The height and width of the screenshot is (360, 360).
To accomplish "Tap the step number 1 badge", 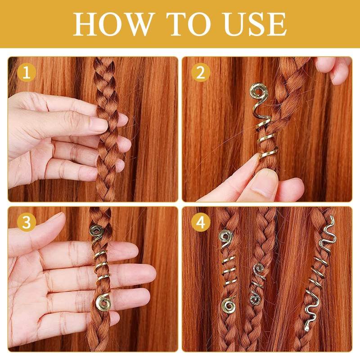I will click(x=27, y=72).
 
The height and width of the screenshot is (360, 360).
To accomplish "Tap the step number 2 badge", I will click(x=200, y=72).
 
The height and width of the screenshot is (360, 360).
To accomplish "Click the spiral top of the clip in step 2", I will click(x=258, y=93).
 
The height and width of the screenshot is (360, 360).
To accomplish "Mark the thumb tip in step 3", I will click(x=58, y=218).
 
